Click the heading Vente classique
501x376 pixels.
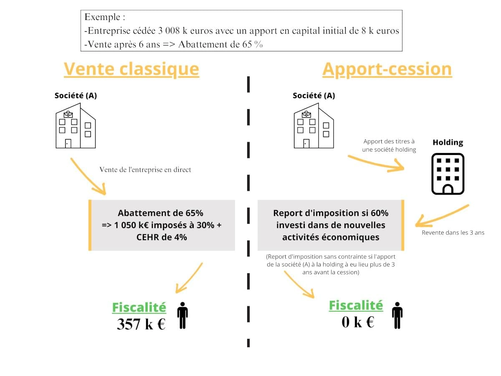(x=131, y=69)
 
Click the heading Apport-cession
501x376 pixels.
(x=387, y=69)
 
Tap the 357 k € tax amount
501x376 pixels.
(x=141, y=324)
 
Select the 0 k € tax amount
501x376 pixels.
(x=358, y=322)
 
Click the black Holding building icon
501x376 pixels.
(x=448, y=174)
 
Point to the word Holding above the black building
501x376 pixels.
(x=448, y=142)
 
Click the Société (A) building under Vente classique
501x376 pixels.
(x=76, y=126)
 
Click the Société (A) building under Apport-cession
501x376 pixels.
(x=314, y=126)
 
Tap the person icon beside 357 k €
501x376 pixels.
(x=182, y=315)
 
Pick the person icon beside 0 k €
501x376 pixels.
(x=397, y=315)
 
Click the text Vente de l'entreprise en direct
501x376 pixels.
(x=145, y=170)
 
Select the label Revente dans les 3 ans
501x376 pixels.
(x=453, y=233)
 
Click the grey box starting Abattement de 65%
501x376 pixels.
(x=162, y=225)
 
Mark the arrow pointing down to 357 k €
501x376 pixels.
(x=189, y=277)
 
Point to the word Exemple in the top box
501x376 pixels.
(x=104, y=18)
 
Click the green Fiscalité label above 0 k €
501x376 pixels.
(x=356, y=305)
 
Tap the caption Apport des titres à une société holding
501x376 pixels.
(x=389, y=146)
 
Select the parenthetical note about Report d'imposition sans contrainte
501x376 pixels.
(x=331, y=264)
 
